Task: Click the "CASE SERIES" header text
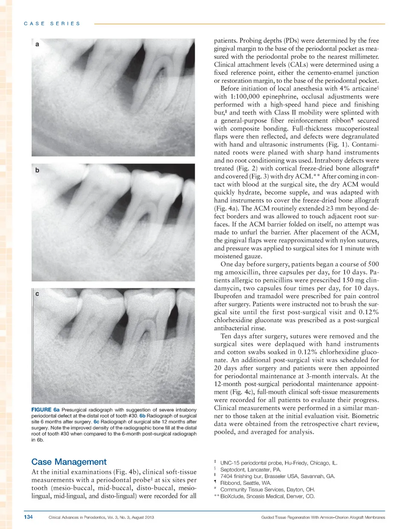coord(52,23)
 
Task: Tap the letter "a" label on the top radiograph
coord(37,44)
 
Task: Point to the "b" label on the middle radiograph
coord(37,170)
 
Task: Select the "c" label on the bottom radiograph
coord(37,294)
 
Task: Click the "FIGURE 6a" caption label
coord(45,410)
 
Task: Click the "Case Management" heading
coord(69,462)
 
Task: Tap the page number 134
coord(28,517)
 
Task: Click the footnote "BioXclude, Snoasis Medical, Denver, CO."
coord(267,496)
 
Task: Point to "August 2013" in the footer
coord(143,517)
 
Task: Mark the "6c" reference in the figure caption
coord(96,422)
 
